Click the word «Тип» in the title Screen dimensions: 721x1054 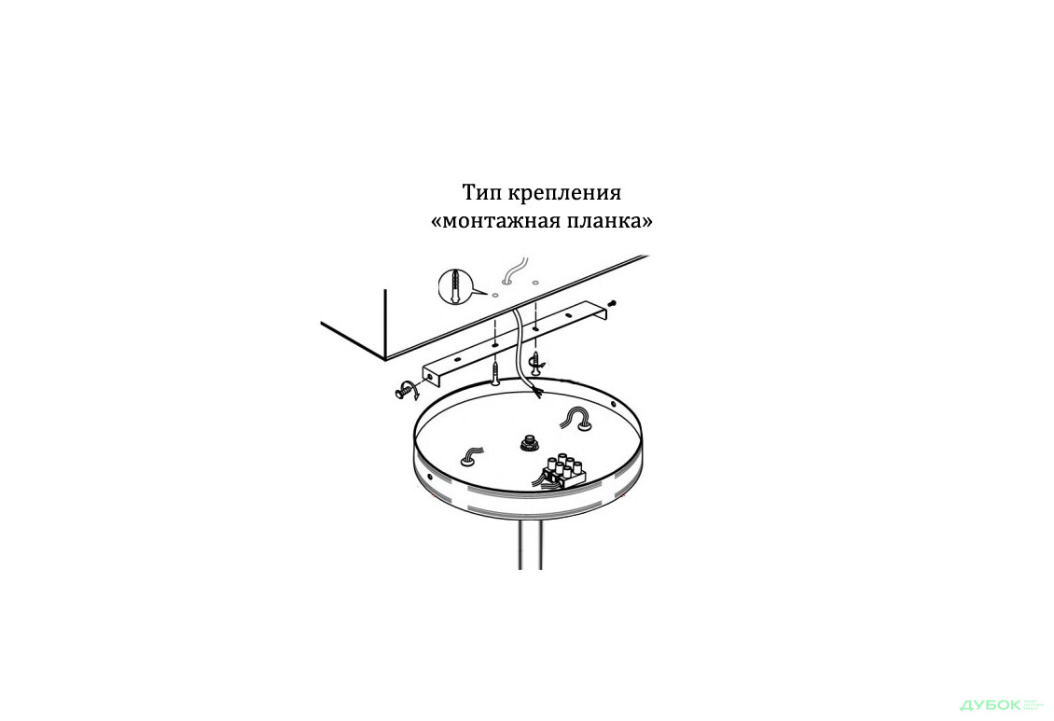point(481,193)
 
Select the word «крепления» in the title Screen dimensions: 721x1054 point(565,194)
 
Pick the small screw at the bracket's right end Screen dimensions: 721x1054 point(613,302)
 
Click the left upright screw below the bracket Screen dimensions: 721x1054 point(494,372)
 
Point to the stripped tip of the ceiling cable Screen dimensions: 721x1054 point(538,391)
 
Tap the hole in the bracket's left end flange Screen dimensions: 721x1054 point(429,377)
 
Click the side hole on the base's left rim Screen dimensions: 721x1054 point(429,476)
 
